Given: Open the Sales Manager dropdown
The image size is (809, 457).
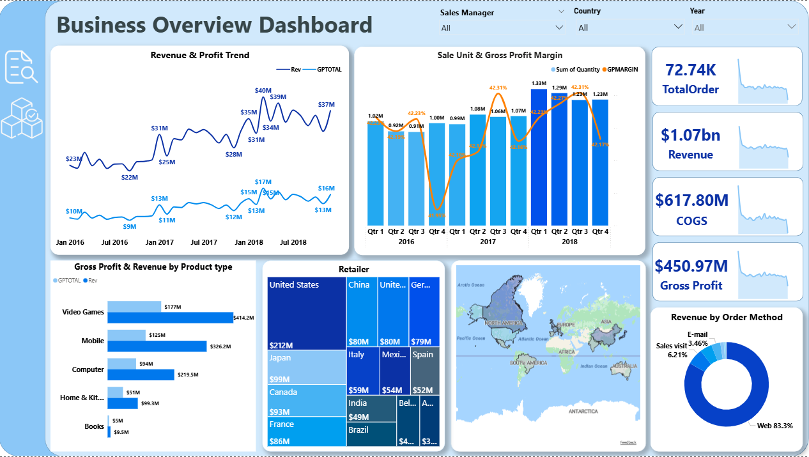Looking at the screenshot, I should tap(502, 27).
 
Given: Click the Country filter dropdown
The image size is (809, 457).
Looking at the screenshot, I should tap(630, 27).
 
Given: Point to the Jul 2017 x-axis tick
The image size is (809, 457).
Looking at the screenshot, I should tap(204, 242).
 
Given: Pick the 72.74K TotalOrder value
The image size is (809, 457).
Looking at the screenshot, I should tap(691, 70).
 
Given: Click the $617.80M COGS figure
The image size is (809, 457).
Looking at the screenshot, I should tap(691, 201).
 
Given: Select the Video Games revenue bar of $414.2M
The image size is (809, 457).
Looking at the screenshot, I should tap(170, 318).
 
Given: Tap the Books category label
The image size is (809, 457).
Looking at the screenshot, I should tap(94, 426).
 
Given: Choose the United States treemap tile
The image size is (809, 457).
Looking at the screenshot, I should tap(306, 313).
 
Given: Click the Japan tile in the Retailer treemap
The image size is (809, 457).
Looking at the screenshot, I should tap(306, 367).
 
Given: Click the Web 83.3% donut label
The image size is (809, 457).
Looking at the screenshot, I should tap(774, 426).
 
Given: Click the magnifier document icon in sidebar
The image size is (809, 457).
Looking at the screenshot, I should tap(21, 67).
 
